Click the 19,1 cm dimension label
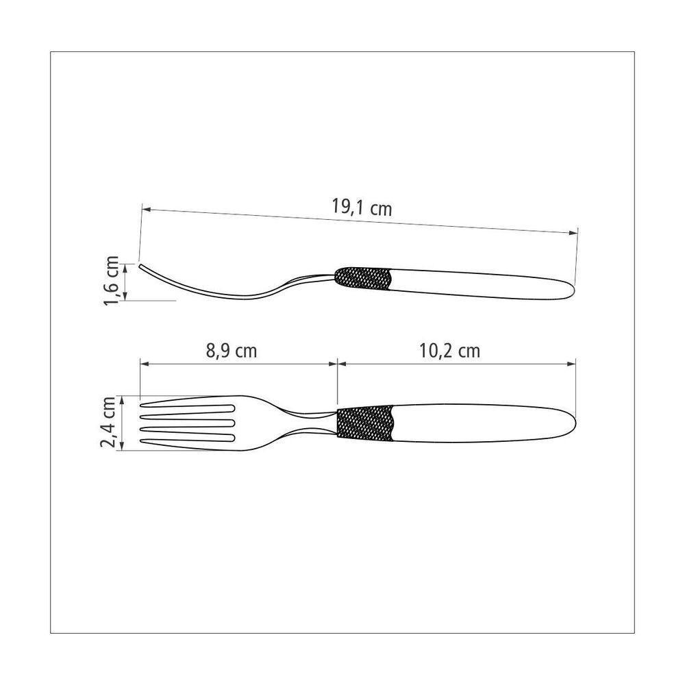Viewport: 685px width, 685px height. coord(362,207)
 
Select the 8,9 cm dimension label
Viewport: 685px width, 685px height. coord(232,351)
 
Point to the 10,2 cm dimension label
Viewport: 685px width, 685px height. coord(449,351)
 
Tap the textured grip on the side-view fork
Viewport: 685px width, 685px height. coord(363,279)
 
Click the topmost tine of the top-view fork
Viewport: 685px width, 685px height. coord(185,401)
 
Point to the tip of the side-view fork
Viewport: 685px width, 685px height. coord(141,266)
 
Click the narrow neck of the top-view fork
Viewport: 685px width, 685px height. coord(312,423)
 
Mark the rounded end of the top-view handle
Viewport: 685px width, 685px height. coord(571,423)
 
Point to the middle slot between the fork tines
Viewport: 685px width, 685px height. coord(188,423)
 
